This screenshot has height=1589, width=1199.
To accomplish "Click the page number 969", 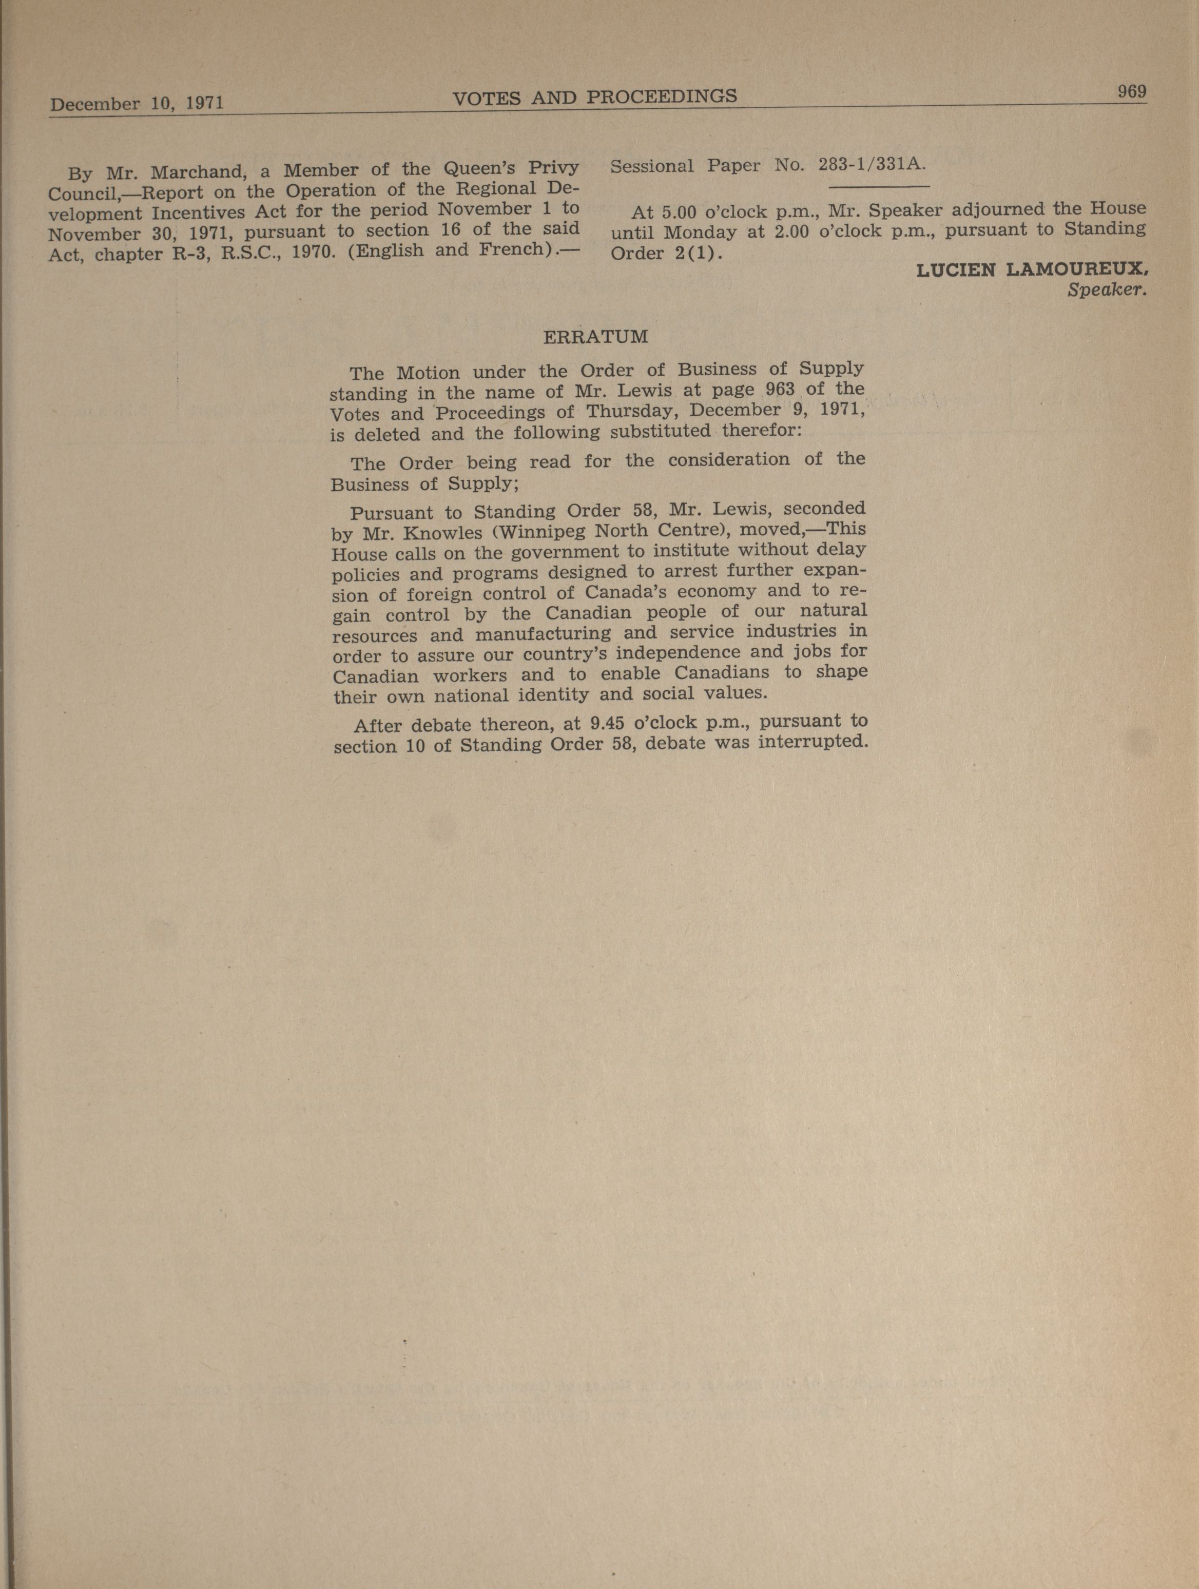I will pos(1131,92).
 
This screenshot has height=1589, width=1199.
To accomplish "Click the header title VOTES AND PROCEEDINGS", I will pos(595,97).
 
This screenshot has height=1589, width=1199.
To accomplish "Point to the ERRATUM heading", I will pos(595,336).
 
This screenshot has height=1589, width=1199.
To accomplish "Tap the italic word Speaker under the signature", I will pos(1106,290).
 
